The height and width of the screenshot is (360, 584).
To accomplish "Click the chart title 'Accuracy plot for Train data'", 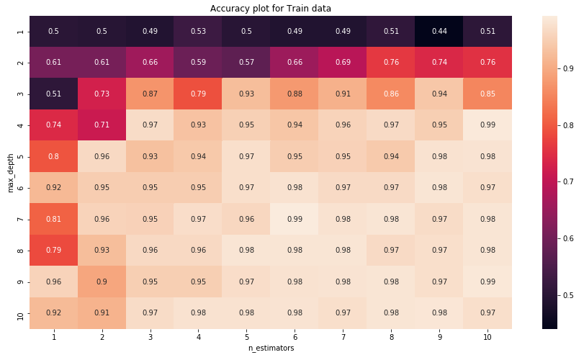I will tap(271, 9).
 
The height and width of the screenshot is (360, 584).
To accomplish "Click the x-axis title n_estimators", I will tap(271, 348).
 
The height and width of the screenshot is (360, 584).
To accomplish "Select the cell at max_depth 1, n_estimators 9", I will tap(439, 31).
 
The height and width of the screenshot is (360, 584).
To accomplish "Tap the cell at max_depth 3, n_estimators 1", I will tap(53, 94).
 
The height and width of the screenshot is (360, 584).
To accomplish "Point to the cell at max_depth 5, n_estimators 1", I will tap(53, 156).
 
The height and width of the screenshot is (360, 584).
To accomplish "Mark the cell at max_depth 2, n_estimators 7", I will tap(343, 63).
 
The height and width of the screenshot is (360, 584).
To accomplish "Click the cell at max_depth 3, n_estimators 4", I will tap(198, 94).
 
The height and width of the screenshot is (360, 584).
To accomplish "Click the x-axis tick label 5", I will tap(246, 336).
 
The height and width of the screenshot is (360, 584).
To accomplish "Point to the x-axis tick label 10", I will tap(488, 336).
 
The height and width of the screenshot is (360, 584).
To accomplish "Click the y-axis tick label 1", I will tap(21, 31).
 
